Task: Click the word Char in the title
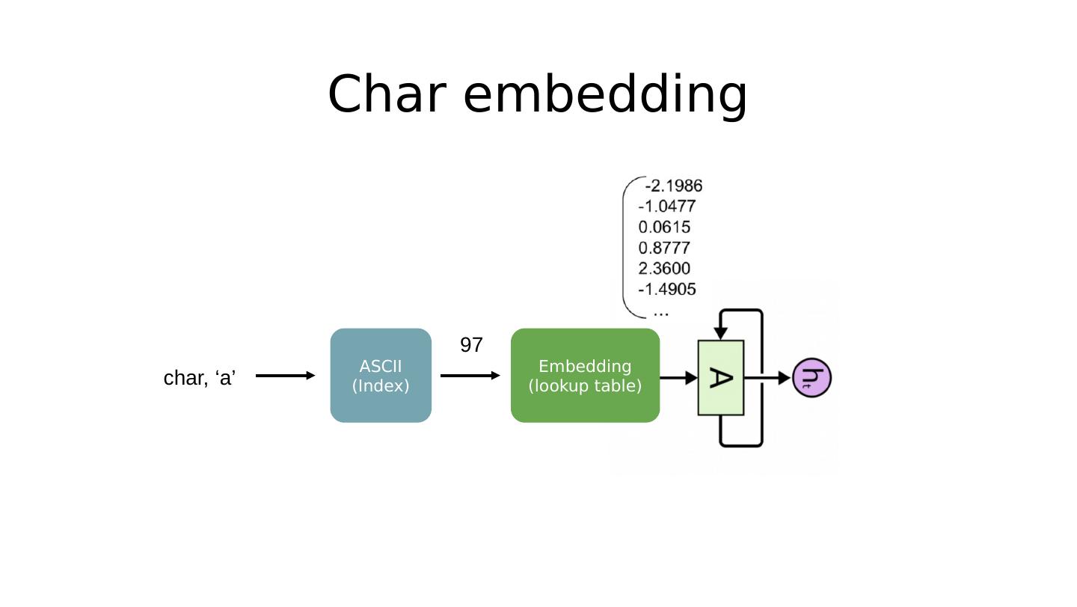[387, 94]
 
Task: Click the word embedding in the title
[605, 96]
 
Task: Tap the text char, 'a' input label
[200, 378]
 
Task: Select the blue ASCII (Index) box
[381, 376]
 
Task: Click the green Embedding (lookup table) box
[585, 376]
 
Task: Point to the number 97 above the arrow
[471, 345]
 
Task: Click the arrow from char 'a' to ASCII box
[285, 376]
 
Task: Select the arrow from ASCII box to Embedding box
[470, 376]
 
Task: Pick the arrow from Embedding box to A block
[678, 378]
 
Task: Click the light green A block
[721, 377]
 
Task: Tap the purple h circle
[811, 377]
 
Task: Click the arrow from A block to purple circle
[767, 378]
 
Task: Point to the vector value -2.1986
[674, 186]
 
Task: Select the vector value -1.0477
[667, 207]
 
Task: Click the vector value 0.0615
[664, 227]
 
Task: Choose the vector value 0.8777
[664, 248]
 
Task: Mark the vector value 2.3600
[664, 269]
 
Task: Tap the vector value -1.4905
[667, 289]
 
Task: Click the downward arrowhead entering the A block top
[720, 333]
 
